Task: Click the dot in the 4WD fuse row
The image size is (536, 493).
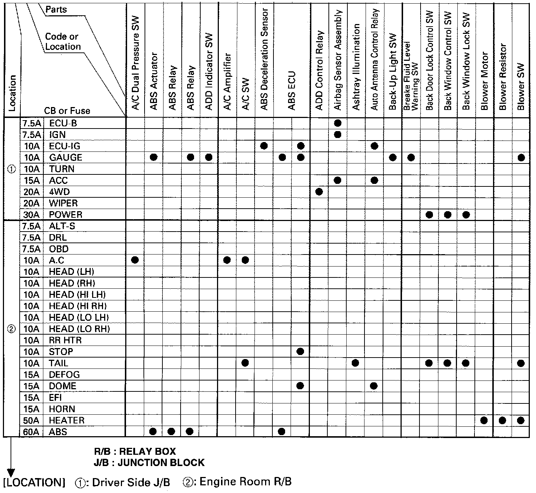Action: (319, 192)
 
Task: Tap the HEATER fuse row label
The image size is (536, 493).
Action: (67, 421)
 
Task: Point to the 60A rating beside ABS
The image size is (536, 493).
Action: (31, 432)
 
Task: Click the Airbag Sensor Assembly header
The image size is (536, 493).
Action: (338, 60)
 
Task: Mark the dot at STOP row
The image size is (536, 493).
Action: (300, 351)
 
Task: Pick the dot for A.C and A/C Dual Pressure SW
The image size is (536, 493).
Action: (135, 260)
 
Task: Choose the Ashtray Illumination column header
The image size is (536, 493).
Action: (356, 67)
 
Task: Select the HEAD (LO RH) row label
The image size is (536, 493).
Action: (79, 329)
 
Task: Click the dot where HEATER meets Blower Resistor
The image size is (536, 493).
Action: (502, 421)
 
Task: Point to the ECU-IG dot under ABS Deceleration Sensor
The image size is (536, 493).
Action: (264, 146)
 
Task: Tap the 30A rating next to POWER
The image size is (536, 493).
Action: (31, 215)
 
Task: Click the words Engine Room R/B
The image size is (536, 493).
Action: (245, 482)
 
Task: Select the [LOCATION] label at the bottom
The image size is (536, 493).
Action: (34, 483)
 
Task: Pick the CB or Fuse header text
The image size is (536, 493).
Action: (67, 111)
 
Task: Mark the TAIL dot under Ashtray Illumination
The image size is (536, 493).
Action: (355, 363)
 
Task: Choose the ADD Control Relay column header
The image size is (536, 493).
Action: (319, 70)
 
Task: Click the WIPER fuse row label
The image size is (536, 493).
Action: (63, 203)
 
